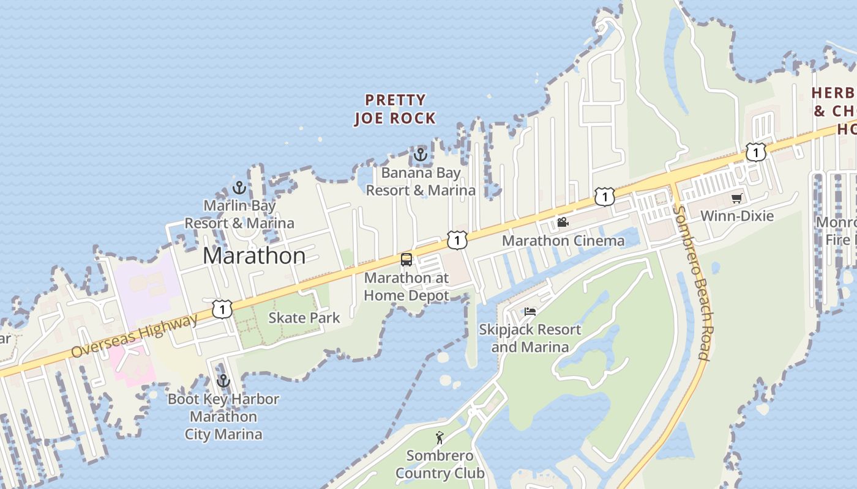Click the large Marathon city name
click(x=254, y=256)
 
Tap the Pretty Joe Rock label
click(x=395, y=109)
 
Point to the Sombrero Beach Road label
click(x=692, y=281)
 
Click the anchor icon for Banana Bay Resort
click(x=420, y=155)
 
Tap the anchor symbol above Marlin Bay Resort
click(x=239, y=188)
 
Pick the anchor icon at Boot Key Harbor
click(x=223, y=381)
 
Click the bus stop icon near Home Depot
click(x=406, y=260)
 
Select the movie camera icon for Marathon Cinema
click(x=563, y=222)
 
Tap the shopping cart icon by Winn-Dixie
click(x=737, y=198)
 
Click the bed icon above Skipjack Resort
click(x=530, y=311)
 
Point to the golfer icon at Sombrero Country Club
click(x=439, y=438)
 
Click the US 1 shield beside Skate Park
click(x=222, y=309)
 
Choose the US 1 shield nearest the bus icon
click(x=457, y=240)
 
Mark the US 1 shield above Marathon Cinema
click(x=604, y=197)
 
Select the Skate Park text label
click(x=304, y=318)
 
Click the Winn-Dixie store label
click(x=737, y=216)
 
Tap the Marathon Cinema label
click(x=563, y=241)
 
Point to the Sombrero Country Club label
click(x=440, y=465)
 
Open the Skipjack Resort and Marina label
click(x=530, y=338)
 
